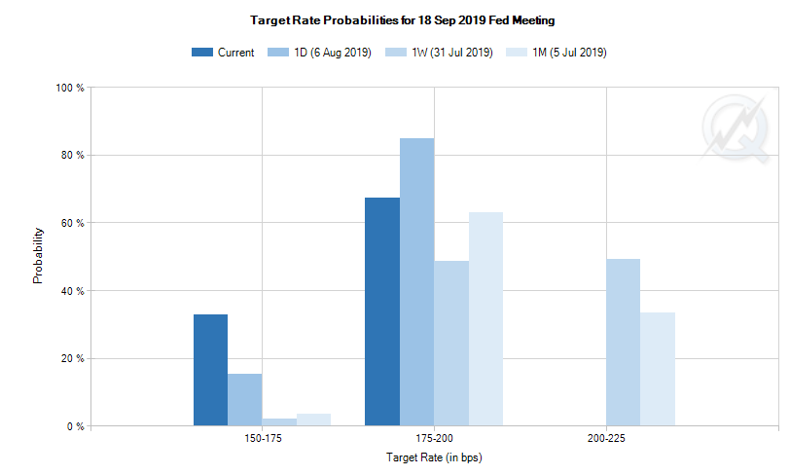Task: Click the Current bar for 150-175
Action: click(210, 370)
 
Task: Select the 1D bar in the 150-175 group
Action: click(244, 400)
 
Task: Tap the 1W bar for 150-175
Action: click(278, 422)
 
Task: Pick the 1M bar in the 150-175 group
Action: click(313, 420)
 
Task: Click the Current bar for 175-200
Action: click(381, 311)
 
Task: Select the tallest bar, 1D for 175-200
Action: click(416, 282)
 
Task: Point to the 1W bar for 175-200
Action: click(450, 344)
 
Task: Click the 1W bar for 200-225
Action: click(623, 343)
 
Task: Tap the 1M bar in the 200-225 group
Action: click(658, 369)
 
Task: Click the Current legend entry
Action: click(224, 53)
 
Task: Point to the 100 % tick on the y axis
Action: click(71, 88)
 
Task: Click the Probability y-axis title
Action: click(38, 256)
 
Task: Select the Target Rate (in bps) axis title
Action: click(434, 457)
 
